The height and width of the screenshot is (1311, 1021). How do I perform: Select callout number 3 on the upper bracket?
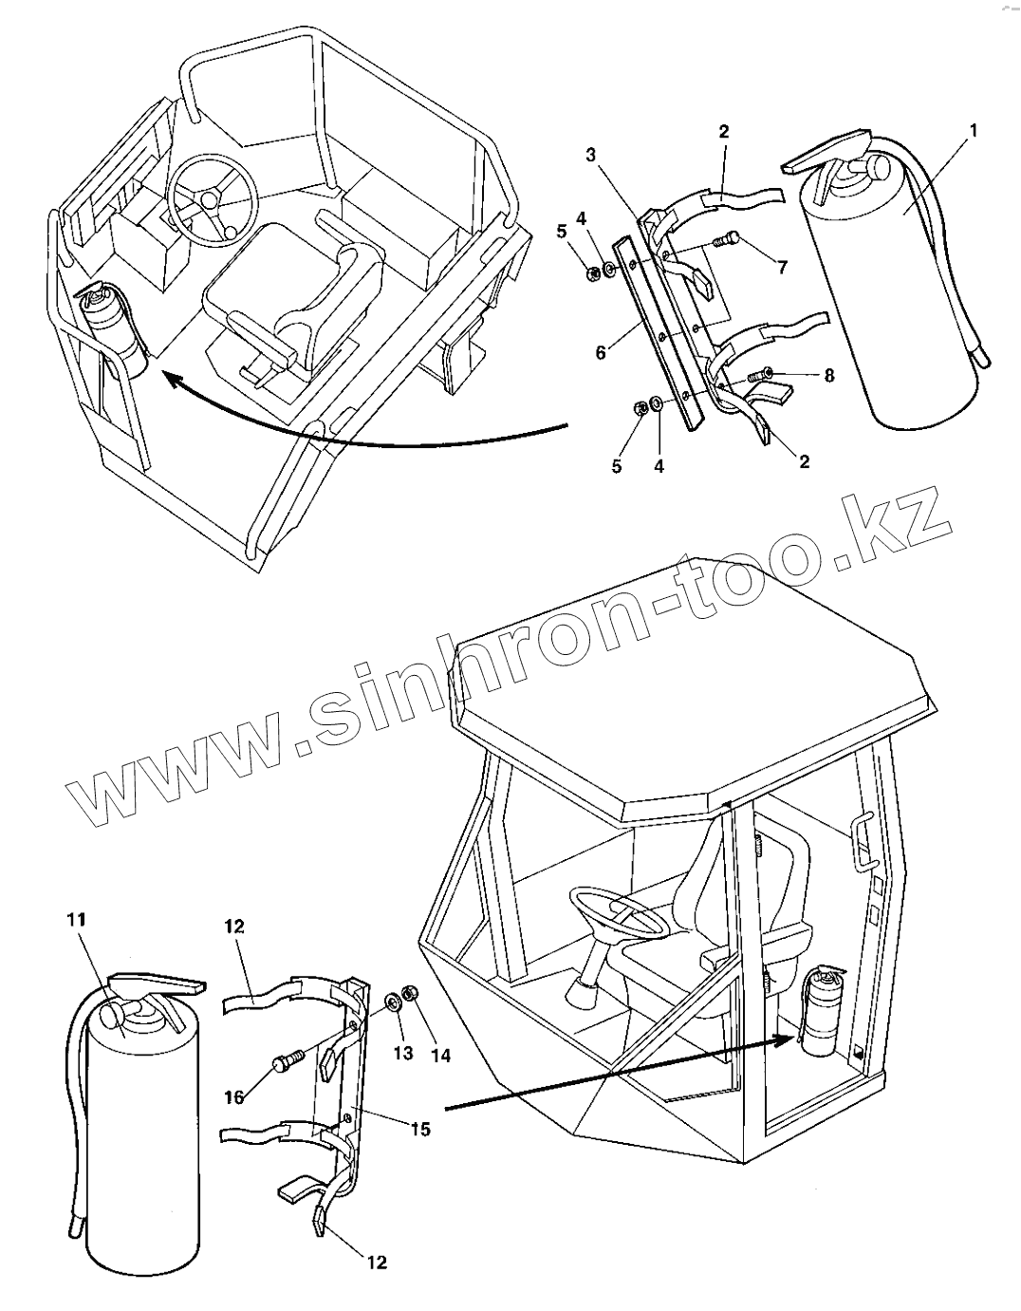coord(591,155)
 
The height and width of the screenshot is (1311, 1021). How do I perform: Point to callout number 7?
coord(782,268)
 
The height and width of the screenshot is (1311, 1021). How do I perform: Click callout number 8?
coord(829,376)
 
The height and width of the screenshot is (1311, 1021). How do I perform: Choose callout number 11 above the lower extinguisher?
coord(76,918)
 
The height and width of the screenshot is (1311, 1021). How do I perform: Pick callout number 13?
coord(403,1054)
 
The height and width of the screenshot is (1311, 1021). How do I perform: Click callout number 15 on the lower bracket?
coord(420,1129)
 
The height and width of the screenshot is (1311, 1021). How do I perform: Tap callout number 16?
coord(234,1096)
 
